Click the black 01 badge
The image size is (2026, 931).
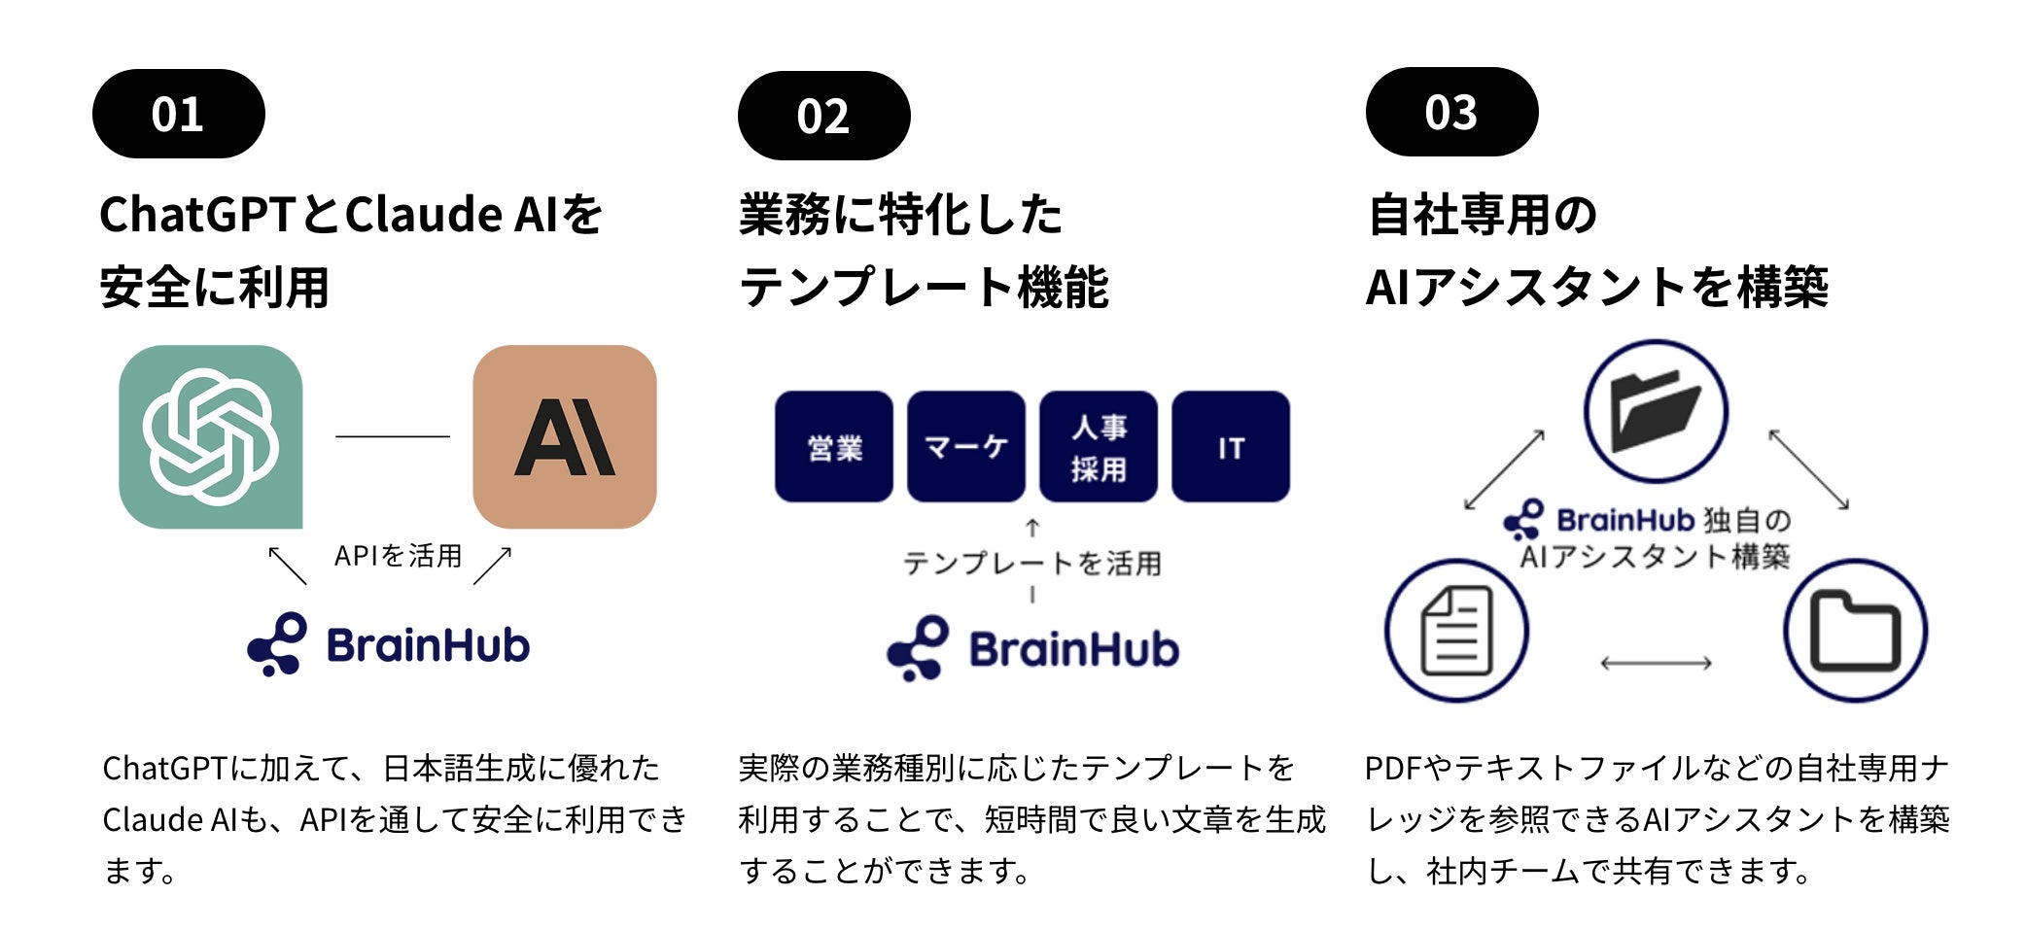click(x=178, y=114)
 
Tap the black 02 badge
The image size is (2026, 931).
click(x=823, y=116)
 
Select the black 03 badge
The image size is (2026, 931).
click(x=1451, y=112)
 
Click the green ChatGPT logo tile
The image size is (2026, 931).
click(x=210, y=437)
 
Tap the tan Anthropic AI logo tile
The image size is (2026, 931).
click(x=564, y=437)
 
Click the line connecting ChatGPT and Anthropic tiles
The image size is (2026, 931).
click(x=392, y=436)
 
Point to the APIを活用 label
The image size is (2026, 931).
click(x=398, y=556)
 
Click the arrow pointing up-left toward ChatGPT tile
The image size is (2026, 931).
click(x=288, y=566)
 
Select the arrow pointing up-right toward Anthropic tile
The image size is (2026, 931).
click(x=492, y=566)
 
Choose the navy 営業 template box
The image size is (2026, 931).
click(x=834, y=447)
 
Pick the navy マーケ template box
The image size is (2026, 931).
click(x=965, y=447)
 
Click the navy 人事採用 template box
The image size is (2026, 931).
click(x=1098, y=447)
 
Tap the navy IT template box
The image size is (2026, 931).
click(x=1231, y=447)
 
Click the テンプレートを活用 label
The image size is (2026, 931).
click(x=1031, y=563)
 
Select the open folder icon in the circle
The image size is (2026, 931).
click(x=1656, y=411)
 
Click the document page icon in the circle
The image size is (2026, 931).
click(x=1456, y=631)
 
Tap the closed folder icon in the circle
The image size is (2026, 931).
click(x=1855, y=631)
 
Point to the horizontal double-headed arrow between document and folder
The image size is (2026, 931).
click(x=1656, y=664)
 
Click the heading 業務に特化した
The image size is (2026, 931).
click(x=900, y=215)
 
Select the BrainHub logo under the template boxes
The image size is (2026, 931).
click(x=1032, y=648)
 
